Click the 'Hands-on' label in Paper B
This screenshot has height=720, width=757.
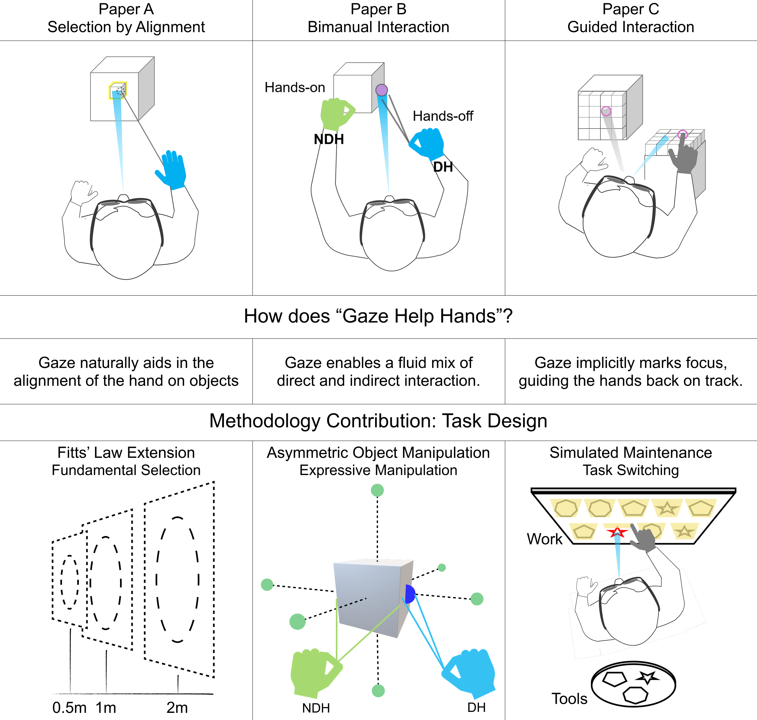(294, 88)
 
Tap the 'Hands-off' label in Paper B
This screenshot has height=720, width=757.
(443, 116)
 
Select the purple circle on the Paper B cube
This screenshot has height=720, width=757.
(381, 90)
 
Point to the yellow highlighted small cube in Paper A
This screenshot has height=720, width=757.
(117, 91)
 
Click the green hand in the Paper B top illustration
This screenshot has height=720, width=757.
(335, 114)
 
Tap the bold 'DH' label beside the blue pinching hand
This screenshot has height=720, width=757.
(443, 167)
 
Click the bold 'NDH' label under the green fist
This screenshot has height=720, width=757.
(329, 139)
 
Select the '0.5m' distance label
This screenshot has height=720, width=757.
(69, 708)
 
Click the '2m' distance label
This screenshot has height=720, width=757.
(177, 708)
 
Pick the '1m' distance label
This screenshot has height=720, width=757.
(105, 708)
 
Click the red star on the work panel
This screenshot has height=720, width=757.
(617, 533)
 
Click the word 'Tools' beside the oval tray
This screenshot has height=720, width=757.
(569, 699)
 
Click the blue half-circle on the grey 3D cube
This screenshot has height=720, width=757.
(409, 594)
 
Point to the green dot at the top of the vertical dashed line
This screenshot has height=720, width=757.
(377, 490)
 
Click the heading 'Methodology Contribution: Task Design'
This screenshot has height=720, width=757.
(378, 421)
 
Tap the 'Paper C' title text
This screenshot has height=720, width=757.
(631, 9)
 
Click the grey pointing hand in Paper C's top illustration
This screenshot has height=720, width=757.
(684, 155)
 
